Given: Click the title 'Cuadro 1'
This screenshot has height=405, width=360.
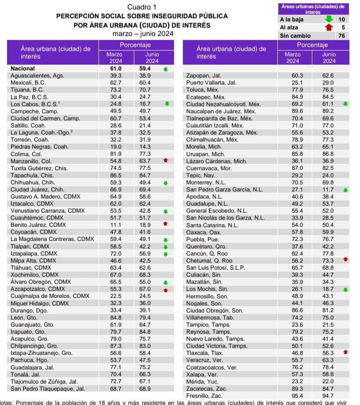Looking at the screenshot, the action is (x=142, y=7).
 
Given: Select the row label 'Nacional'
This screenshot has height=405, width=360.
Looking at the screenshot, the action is (x=23, y=68).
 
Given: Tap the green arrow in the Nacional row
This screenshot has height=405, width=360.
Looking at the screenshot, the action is (x=166, y=69).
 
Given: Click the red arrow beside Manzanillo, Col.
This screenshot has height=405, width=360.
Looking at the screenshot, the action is (x=166, y=160).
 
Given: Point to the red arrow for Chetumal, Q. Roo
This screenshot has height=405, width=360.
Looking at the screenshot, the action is (x=345, y=259).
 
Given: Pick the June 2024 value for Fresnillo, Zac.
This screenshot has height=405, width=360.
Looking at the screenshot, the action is (x=328, y=396).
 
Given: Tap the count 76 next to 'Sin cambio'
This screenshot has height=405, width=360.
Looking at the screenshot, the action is (x=341, y=36).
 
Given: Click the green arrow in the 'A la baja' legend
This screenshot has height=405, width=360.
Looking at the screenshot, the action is (x=329, y=19).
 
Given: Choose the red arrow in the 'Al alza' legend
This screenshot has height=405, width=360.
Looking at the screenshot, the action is (x=329, y=27).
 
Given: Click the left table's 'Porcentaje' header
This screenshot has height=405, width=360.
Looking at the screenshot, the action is (x=135, y=45).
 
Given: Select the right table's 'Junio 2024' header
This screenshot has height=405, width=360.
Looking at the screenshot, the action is (x=329, y=57).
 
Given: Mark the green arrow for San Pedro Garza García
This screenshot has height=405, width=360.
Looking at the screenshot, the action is (x=345, y=190).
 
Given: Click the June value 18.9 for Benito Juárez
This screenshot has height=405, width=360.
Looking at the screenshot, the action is (x=145, y=225).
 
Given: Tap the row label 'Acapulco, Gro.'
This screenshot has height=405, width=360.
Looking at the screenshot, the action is (x=30, y=339).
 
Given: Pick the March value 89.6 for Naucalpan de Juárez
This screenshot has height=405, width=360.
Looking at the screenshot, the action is (x=297, y=111).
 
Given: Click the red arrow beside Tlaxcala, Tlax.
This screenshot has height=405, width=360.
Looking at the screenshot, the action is (x=345, y=352).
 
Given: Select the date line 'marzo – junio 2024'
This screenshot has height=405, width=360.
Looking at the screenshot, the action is (x=143, y=34).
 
